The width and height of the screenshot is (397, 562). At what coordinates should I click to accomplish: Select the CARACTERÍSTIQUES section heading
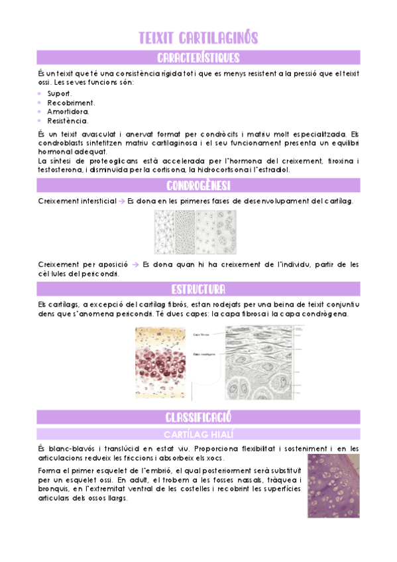tap(198, 58)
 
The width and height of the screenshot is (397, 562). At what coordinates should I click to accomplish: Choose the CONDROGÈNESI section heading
tap(198, 185)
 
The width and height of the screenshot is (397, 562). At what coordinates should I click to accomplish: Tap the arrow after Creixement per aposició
tap(135, 265)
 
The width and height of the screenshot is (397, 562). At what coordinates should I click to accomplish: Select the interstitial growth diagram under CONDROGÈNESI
tap(198, 232)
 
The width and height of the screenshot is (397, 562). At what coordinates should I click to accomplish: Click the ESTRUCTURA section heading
tap(198, 290)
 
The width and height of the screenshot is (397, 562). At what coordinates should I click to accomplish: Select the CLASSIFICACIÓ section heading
tap(198, 417)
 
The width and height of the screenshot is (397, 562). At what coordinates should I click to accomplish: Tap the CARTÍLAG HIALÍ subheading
tap(198, 434)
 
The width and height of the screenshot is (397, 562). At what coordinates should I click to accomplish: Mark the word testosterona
tap(60, 170)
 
